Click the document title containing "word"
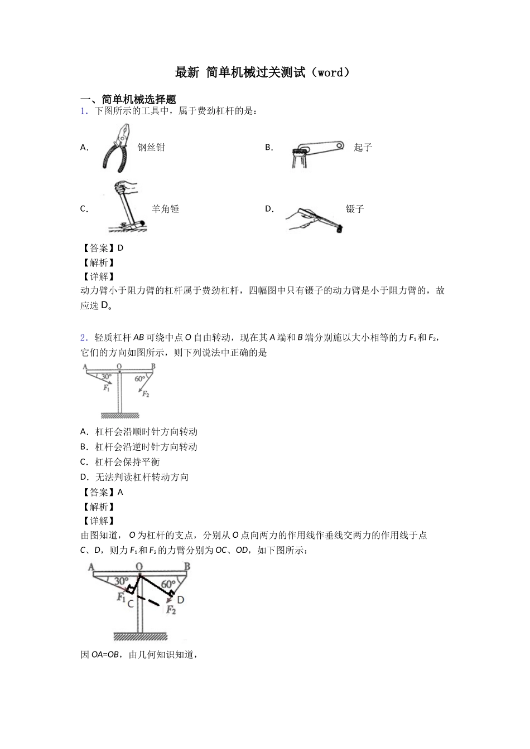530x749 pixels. [264, 72]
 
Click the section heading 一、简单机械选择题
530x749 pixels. [128, 99]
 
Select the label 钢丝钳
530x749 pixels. [151, 148]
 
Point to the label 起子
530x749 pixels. [363, 148]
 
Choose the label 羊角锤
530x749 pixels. [165, 209]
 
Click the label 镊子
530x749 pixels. [355, 209]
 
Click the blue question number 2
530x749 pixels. [83, 337]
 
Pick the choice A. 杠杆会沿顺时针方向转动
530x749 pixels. [139, 432]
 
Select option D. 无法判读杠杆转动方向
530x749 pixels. [134, 477]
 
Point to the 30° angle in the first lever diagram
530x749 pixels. [106, 377]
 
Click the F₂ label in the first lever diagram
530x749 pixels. [145, 394]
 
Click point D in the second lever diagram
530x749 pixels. [180, 599]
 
